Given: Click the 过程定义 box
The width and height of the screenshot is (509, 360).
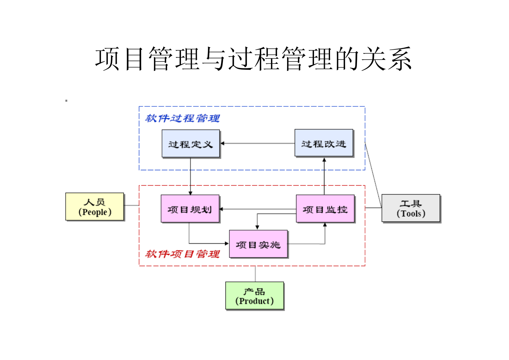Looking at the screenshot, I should (191, 144).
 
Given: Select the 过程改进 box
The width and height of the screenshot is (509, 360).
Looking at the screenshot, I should (324, 143).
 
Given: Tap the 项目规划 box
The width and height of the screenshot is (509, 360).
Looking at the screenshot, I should (190, 209).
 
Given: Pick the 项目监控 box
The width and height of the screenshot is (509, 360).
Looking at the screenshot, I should (325, 209).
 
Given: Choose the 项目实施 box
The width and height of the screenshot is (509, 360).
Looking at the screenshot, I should (258, 244).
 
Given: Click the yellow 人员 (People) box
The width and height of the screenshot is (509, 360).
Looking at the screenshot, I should (95, 206).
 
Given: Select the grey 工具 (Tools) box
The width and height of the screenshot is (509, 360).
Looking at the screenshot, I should (411, 208).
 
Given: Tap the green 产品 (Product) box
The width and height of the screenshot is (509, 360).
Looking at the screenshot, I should (254, 296).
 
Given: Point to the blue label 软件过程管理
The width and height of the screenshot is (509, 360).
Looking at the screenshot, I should (182, 118).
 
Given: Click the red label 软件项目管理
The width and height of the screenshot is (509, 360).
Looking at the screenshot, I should (182, 254).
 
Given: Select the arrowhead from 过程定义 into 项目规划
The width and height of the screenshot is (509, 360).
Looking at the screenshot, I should (190, 193).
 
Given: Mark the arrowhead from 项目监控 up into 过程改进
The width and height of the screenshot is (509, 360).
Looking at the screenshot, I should (324, 159).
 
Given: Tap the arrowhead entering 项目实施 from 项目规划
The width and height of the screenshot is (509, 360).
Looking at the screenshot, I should (227, 244).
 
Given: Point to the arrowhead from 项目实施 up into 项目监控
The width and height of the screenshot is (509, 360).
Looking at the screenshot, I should (325, 225).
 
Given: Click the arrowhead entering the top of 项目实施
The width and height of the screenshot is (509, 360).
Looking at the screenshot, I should (257, 228).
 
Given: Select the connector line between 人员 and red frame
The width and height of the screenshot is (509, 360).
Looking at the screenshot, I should (131, 205).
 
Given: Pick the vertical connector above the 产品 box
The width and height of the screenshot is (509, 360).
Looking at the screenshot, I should (255, 274).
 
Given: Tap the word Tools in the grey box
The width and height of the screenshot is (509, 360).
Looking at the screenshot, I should (411, 213).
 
